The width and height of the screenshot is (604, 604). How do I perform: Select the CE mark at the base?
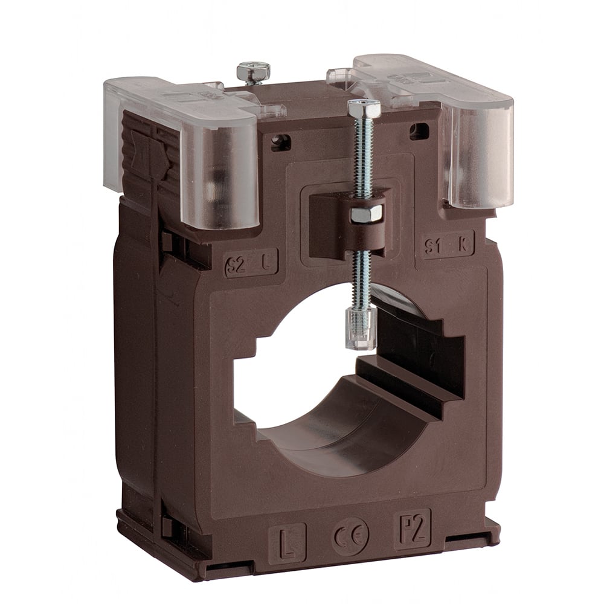click(x=350, y=535)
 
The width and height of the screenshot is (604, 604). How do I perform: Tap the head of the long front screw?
click(x=364, y=109)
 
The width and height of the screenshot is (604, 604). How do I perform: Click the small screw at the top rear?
click(x=253, y=72)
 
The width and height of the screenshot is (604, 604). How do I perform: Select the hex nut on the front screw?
click(x=366, y=213)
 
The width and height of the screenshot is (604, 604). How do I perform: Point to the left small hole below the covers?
click(x=281, y=143)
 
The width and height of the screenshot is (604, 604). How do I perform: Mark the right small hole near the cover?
click(x=419, y=130)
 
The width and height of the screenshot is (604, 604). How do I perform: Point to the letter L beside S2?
click(x=268, y=262)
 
